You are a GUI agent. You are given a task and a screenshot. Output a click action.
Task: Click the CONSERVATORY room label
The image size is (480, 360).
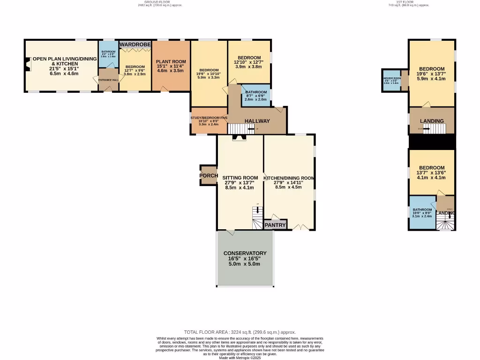[x=245, y=253]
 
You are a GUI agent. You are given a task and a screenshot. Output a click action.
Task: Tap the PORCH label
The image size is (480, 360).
[x=209, y=176]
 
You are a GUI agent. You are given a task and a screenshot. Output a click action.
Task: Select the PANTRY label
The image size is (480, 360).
[x=275, y=225]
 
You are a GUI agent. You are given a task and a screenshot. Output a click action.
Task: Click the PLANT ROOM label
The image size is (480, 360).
[x=171, y=61]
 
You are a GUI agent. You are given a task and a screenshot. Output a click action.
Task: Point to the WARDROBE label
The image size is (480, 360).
[x=135, y=45]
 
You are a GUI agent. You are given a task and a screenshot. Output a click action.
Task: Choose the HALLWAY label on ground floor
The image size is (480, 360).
[x=256, y=121]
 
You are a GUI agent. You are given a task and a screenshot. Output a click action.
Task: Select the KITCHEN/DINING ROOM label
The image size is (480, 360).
[x=289, y=178]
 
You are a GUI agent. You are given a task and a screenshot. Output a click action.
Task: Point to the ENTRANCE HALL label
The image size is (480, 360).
[x=108, y=80]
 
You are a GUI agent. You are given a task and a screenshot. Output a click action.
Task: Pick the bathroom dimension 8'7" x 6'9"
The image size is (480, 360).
[x=255, y=96]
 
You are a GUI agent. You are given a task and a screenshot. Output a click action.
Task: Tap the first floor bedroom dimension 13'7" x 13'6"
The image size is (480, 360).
[x=432, y=172]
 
